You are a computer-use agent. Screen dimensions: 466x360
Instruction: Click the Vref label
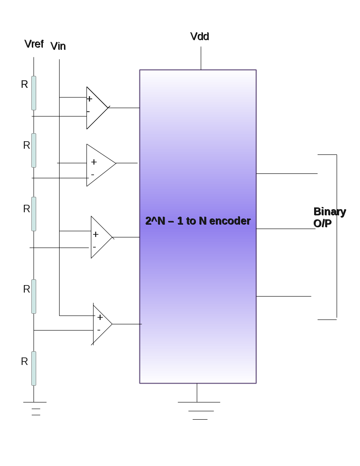34,44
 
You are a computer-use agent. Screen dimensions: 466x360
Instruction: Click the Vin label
58,46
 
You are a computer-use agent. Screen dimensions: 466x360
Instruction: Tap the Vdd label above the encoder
199,37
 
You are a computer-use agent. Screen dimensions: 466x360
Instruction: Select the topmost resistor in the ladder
34,93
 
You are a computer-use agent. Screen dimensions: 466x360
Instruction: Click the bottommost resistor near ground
34,368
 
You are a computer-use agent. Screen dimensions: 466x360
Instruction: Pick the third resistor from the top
34,214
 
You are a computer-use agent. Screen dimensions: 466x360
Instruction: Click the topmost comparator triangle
96,108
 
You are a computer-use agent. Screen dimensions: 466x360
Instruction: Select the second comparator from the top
100,165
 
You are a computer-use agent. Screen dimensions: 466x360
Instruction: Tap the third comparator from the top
101,237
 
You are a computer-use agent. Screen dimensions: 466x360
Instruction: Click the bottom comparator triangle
101,324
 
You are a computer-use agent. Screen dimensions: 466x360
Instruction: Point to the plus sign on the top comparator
90,99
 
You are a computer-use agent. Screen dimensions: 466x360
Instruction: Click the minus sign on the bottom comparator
99,330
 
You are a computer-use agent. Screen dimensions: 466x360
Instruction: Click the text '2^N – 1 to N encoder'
198,221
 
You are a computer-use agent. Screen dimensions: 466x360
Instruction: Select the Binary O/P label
329,218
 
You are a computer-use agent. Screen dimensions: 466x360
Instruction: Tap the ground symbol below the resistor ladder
35,408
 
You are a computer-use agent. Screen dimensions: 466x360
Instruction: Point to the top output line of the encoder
287,173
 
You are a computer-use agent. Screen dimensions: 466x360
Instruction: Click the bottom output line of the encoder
284,296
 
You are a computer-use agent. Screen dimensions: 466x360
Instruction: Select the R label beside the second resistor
26,145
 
